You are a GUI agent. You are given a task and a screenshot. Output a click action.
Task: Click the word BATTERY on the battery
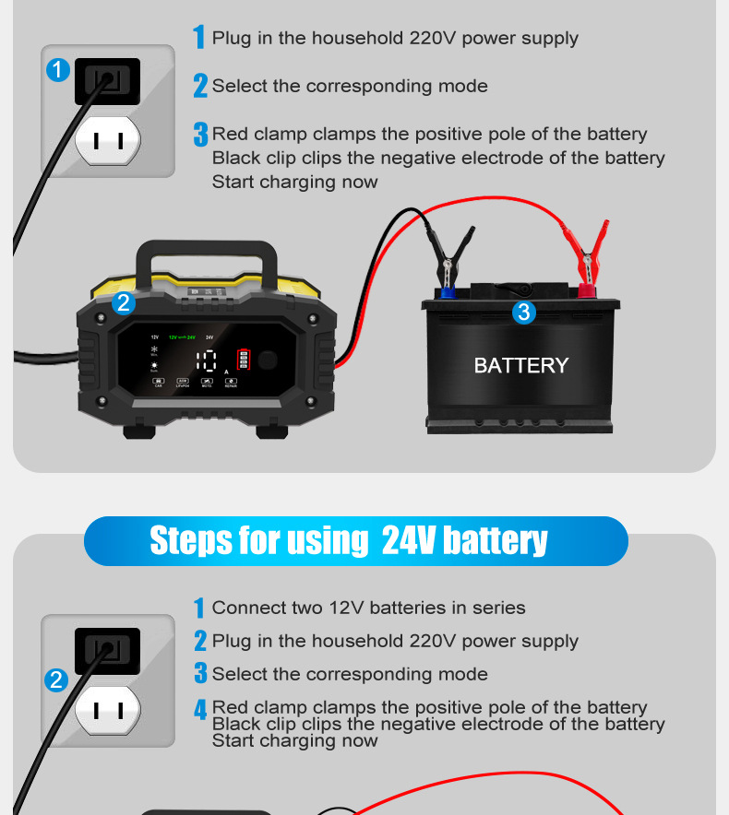click(520, 366)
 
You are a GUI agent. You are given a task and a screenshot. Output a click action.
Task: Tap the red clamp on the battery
click(588, 254)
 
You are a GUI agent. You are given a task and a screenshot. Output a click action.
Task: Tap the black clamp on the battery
click(451, 259)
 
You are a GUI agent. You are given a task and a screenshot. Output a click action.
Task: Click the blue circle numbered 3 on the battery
click(523, 313)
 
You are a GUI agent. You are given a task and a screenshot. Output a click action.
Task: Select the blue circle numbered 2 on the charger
click(124, 303)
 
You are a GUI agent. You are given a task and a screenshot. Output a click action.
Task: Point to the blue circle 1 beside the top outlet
click(58, 70)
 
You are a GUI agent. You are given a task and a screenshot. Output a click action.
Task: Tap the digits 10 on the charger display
click(207, 361)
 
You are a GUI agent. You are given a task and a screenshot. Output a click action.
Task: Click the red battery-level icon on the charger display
click(244, 360)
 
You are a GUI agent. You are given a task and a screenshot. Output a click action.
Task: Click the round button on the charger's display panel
click(269, 360)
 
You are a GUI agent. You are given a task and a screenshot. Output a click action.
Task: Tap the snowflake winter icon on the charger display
click(155, 350)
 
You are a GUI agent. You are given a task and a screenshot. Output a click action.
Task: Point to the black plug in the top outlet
click(107, 81)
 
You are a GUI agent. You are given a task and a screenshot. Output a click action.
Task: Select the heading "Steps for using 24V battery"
click(349, 541)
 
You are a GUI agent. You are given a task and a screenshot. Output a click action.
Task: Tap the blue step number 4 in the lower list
click(199, 710)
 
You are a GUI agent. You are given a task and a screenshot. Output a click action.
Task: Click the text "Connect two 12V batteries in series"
click(368, 608)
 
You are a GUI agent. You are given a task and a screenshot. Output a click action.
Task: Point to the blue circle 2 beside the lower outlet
click(57, 680)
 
